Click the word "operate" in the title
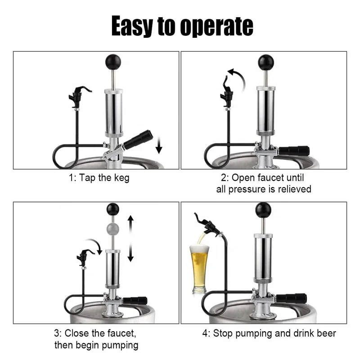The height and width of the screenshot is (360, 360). point(216,27)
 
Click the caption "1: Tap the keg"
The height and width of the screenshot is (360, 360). point(99,178)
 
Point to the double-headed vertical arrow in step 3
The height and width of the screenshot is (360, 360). point(130,238)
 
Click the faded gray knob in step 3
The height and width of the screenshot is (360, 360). point(112,228)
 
